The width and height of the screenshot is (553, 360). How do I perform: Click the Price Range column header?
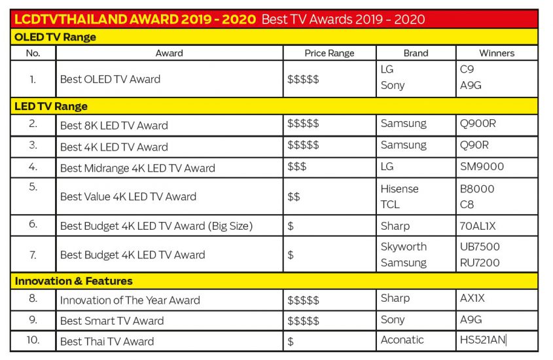click(329, 53)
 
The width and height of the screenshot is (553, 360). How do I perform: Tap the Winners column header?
click(497, 53)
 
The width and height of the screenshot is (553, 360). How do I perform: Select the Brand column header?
click(416, 53)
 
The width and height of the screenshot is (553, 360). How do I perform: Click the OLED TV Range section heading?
click(55, 37)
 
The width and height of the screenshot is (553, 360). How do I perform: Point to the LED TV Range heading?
click(51, 106)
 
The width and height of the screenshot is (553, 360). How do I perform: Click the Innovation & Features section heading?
click(74, 281)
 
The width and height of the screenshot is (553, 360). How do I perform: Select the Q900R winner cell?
click(478, 124)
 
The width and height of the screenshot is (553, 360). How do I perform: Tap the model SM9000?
click(482, 166)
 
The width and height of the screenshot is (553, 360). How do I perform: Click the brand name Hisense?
click(400, 189)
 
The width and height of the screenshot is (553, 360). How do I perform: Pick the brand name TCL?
click(390, 204)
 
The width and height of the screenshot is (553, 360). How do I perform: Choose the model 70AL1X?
click(478, 226)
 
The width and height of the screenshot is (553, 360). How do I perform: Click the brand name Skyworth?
click(404, 247)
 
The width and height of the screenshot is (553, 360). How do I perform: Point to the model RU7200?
click(480, 262)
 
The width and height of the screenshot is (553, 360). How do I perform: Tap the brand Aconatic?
click(402, 340)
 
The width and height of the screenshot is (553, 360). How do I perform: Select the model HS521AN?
click(482, 340)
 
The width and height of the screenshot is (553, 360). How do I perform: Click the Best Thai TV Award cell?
click(107, 341)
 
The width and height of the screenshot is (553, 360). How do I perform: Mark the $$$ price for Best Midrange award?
click(296, 166)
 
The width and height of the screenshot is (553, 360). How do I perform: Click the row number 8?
click(33, 298)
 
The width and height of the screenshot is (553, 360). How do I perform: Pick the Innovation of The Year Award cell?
click(130, 300)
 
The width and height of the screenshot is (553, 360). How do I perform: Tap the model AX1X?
click(473, 298)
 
